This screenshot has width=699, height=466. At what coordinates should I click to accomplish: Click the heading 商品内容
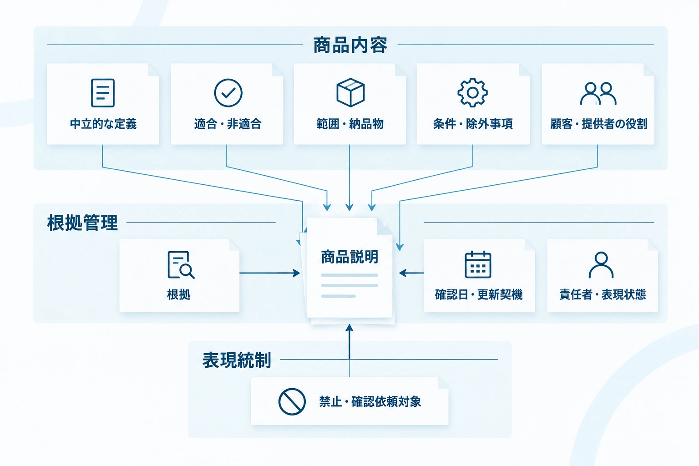350,45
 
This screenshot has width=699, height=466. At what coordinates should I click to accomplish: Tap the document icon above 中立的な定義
103,93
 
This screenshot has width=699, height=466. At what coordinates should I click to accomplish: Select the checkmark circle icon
228,93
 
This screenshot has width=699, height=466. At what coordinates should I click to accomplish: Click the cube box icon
350,92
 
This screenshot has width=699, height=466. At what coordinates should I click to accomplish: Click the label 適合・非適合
228,124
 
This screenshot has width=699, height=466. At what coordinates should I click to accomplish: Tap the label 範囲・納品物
350,124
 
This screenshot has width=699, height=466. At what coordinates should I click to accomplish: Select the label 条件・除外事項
473,124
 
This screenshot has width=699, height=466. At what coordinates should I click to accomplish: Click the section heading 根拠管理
82,223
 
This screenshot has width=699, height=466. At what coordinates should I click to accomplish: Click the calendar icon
478,264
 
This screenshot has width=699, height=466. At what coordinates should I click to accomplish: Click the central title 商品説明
349,257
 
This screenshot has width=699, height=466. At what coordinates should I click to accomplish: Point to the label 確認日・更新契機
479,294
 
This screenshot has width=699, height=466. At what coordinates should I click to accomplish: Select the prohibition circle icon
292,402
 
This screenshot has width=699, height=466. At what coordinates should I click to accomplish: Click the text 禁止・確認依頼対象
370,402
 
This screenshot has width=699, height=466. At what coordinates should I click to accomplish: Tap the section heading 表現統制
237,360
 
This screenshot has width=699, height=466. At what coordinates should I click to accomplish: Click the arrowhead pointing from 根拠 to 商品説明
296,273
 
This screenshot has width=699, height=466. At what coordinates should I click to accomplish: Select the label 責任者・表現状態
603,294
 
